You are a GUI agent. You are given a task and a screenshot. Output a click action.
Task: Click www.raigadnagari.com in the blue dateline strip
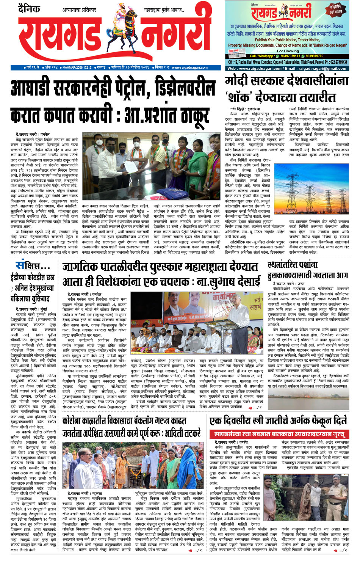[187, 67]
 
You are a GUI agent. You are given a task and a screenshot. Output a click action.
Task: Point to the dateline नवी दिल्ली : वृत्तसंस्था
[246, 109]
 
